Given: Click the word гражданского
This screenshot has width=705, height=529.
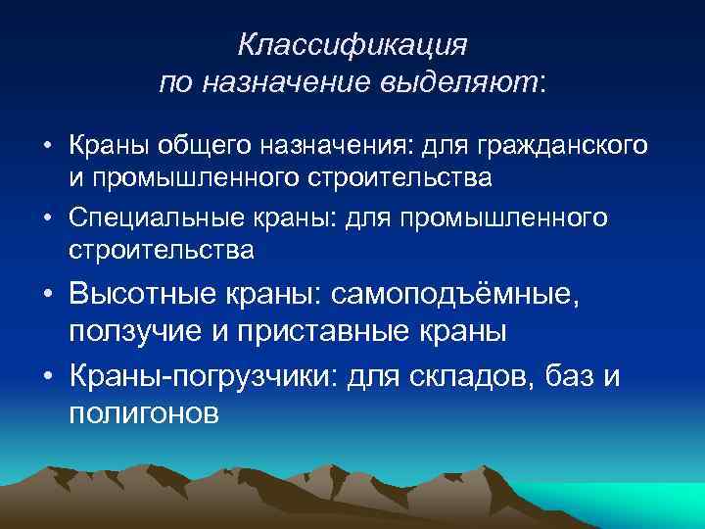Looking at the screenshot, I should [561, 147].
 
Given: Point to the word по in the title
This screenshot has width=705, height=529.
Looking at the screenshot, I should [178, 84].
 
